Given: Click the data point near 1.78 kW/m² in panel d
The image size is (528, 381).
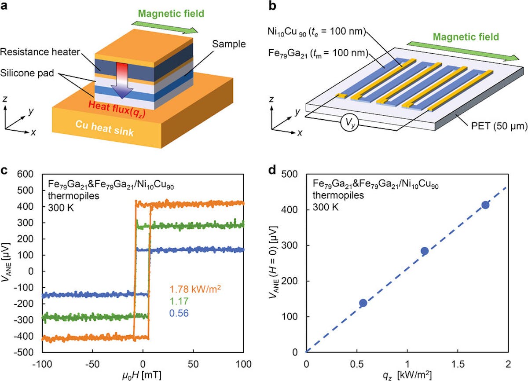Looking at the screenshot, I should click(485, 205).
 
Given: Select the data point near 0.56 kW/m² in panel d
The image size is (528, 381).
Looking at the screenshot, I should click(363, 303).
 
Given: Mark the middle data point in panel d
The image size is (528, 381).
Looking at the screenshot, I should click(425, 251).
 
